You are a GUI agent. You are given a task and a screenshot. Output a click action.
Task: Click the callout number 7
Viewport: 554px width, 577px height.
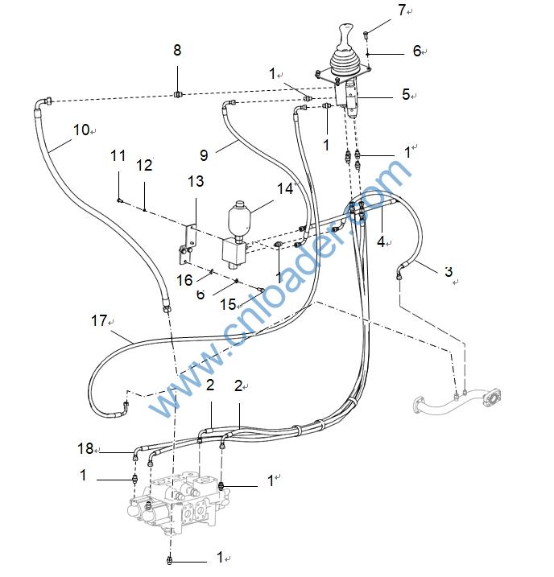click(402, 10)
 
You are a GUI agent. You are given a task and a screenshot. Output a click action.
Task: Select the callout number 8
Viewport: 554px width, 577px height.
click(177, 51)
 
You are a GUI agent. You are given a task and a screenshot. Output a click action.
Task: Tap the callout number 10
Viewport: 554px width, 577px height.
click(81, 128)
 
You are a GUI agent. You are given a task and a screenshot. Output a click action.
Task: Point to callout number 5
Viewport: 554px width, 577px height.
click(406, 95)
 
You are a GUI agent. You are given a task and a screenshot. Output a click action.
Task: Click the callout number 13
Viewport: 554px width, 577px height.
click(196, 182)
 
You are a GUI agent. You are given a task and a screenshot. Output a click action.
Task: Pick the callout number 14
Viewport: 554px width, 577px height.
click(285, 188)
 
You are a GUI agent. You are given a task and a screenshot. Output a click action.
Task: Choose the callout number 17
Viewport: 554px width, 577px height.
click(99, 321)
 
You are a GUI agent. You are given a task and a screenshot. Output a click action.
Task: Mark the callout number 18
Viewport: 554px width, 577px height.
click(86, 448)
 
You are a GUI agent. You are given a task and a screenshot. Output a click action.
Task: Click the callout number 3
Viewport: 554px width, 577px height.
click(449, 271)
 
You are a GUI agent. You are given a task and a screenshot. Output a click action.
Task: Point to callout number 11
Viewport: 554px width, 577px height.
click(144, 165)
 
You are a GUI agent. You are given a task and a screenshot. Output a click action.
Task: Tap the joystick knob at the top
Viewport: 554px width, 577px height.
click(345, 36)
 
